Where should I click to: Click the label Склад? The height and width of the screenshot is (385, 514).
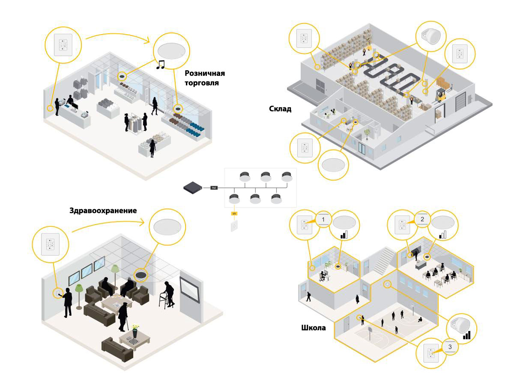pos(281,109)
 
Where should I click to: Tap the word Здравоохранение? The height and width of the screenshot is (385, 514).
pos(103,210)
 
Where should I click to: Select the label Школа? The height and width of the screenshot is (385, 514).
pos(314,328)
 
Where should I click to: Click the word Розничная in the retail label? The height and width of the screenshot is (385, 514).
pos(205,73)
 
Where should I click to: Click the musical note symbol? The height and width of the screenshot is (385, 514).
pos(161,65)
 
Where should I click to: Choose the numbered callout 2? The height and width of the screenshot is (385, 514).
pos(422,219)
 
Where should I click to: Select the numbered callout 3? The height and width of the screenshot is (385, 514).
pos(450,346)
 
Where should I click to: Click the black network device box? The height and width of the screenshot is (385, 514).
pos(193,187)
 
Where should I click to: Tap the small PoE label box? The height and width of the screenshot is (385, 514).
pos(215,187)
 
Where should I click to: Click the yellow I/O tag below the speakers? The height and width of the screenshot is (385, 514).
pos(234,213)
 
